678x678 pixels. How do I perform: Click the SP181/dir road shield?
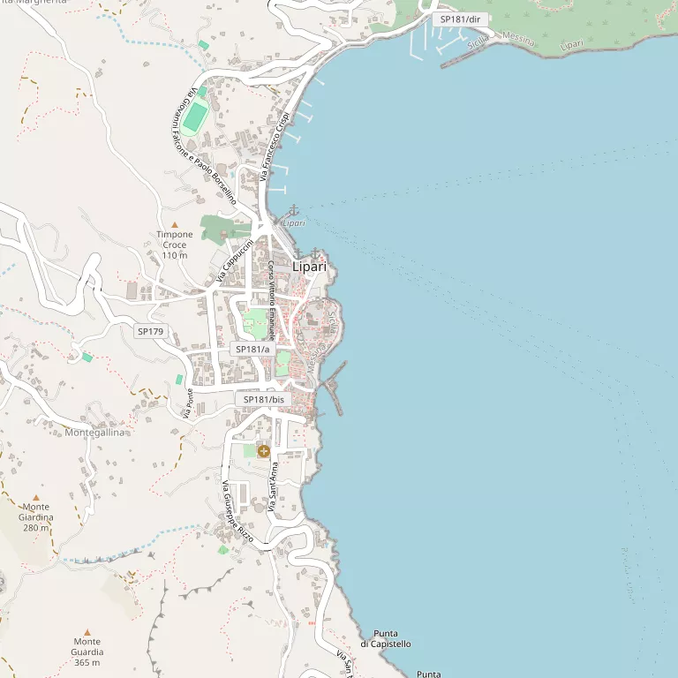pyautogui.click(x=461, y=19)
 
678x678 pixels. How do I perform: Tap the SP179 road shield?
pyautogui.click(x=150, y=331)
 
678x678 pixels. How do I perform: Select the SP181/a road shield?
pyautogui.click(x=252, y=350)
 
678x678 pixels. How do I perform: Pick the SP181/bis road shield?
pyautogui.click(x=264, y=400)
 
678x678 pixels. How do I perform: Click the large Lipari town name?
pyautogui.click(x=309, y=267)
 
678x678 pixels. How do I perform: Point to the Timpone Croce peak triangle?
pyautogui.click(x=175, y=225)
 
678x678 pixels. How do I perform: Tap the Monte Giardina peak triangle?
pyautogui.click(x=36, y=498)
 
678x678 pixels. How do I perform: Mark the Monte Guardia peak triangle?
pyautogui.click(x=87, y=632)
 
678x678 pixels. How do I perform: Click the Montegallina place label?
pyautogui.click(x=96, y=433)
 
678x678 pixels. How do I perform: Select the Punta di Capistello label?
pyautogui.click(x=386, y=638)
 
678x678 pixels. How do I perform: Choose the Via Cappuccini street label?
pyautogui.click(x=234, y=260)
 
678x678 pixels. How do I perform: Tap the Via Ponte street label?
pyautogui.click(x=188, y=403)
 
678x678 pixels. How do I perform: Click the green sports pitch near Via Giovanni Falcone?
pyautogui.click(x=197, y=115)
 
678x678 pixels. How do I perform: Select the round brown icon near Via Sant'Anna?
pyautogui.click(x=263, y=451)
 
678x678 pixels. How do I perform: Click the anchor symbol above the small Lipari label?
pyautogui.click(x=294, y=210)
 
